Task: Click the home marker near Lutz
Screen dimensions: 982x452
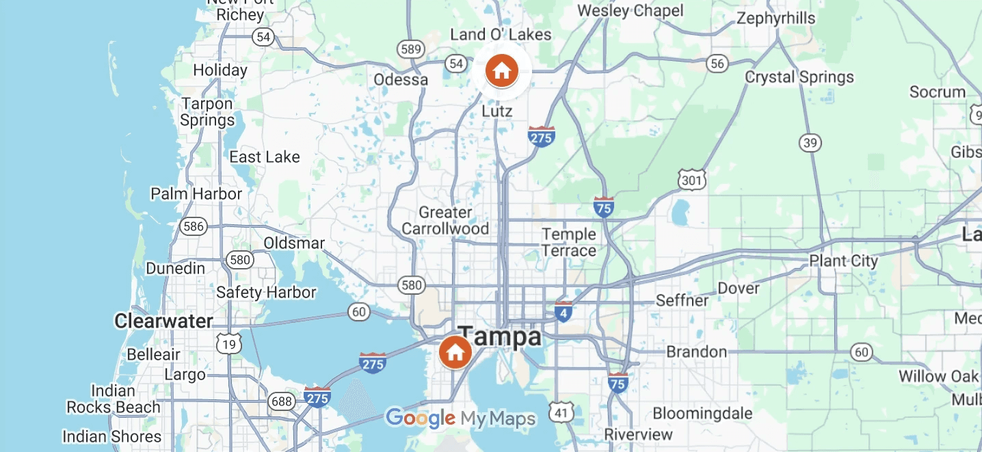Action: [x=501, y=70]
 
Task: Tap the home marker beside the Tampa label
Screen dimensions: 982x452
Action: [x=455, y=352]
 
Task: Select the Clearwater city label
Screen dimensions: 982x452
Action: [x=163, y=321]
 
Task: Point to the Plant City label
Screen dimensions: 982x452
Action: [x=843, y=261]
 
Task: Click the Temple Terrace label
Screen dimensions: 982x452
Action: [x=569, y=242]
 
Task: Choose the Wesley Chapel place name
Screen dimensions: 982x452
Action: [x=630, y=10]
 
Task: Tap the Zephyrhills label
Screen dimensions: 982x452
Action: [x=775, y=18]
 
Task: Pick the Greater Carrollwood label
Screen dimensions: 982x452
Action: [x=445, y=220]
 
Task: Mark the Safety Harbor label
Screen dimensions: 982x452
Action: [x=266, y=293]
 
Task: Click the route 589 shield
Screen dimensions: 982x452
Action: [x=411, y=49]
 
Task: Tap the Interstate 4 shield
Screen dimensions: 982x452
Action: [x=563, y=313]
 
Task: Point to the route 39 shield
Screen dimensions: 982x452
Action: [x=810, y=143]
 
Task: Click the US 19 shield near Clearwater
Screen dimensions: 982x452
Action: [x=228, y=343]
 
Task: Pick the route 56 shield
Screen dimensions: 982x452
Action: [x=717, y=64]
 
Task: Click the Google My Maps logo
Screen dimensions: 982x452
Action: [x=460, y=418]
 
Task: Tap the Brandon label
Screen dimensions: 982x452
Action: [x=696, y=351]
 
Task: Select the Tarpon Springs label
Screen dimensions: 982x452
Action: [x=207, y=112]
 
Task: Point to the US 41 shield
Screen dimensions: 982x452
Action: [x=561, y=412]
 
